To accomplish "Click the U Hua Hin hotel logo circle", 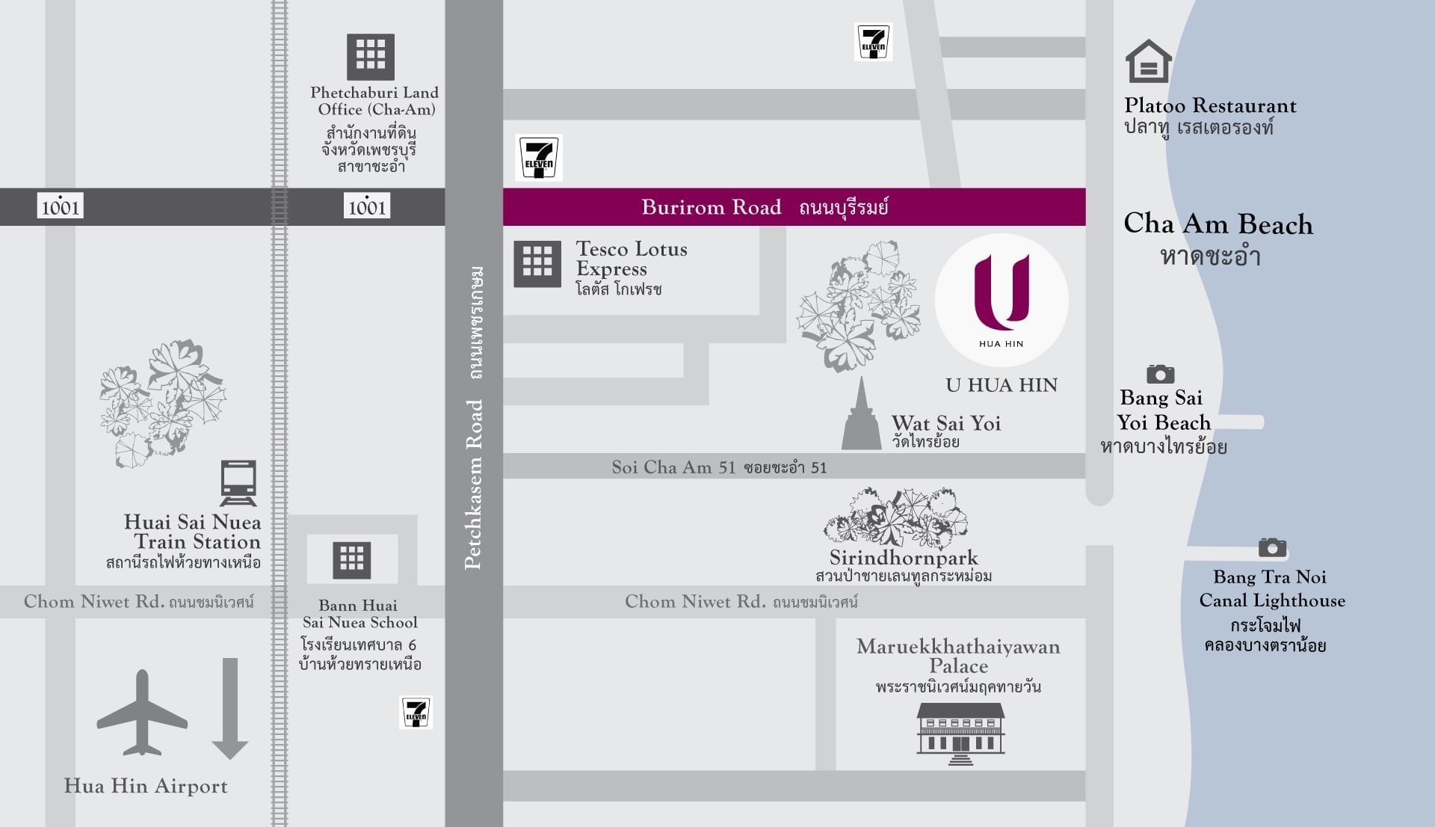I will pyautogui.click(x=1002, y=300).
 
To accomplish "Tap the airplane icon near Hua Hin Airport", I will pyautogui.click(x=142, y=713).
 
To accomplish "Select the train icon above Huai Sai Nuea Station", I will pyautogui.click(x=238, y=483).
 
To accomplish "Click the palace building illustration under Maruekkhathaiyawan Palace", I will pyautogui.click(x=960, y=733).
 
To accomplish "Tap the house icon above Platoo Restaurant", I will pyautogui.click(x=1148, y=61).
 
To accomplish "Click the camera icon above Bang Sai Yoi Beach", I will pyautogui.click(x=1160, y=374).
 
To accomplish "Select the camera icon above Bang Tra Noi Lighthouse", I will pyautogui.click(x=1272, y=547).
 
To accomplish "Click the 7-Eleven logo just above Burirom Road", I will pyautogui.click(x=539, y=158).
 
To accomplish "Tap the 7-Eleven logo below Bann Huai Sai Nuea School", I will pyautogui.click(x=416, y=713).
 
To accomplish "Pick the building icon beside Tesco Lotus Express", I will pyautogui.click(x=537, y=263).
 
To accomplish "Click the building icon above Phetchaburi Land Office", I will pyautogui.click(x=371, y=57).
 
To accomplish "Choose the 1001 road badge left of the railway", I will pyautogui.click(x=60, y=206).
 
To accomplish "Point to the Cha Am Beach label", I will pyautogui.click(x=1218, y=224).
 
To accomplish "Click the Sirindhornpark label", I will pyautogui.click(x=904, y=558).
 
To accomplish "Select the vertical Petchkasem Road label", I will pyautogui.click(x=474, y=485).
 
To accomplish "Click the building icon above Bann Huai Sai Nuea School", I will pyautogui.click(x=352, y=560).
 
